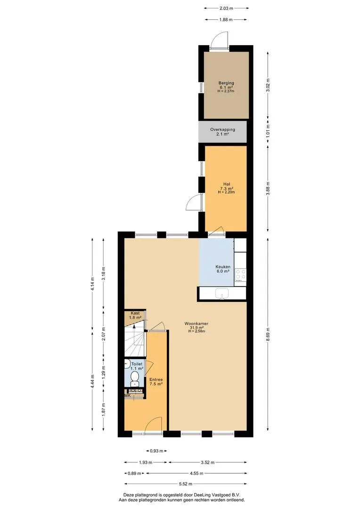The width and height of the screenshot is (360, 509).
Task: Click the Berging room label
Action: pyautogui.click(x=226, y=83)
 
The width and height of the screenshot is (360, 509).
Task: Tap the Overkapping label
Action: pyautogui.click(x=222, y=130)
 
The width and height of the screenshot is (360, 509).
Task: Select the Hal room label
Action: pyautogui.click(x=226, y=184)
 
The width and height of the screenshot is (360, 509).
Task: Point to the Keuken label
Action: pyautogui.click(x=223, y=267)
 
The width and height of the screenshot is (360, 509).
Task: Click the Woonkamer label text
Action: pyautogui.click(x=196, y=323)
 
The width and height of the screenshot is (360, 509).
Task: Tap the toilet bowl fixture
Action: pyautogui.click(x=135, y=378)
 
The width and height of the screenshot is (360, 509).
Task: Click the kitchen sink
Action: pyautogui.click(x=222, y=294)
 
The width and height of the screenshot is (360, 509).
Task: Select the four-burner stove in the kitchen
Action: pyautogui.click(x=240, y=275)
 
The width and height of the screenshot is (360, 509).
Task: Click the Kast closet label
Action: pyautogui.click(x=135, y=313)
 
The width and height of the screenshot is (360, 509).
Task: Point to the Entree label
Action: pyautogui.click(x=156, y=379)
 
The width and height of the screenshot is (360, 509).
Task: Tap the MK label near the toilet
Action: pyautogui.click(x=128, y=395)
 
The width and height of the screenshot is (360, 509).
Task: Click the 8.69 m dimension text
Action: pyautogui.click(x=268, y=334)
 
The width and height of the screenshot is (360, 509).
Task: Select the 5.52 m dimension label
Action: pyautogui.click(x=185, y=484)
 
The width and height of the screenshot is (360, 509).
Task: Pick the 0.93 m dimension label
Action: pyautogui.click(x=156, y=451)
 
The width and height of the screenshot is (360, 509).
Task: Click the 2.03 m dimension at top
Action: pyautogui.click(x=227, y=8)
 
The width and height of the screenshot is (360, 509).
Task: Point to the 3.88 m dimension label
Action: pyautogui.click(x=268, y=188)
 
